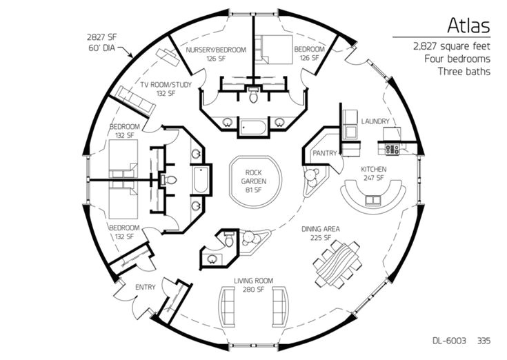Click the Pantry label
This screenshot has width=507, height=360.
coord(323,152)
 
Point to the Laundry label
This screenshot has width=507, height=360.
coord(376,121)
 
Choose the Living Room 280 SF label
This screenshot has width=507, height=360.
coord(253,285)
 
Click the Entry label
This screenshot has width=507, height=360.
coord(146,286)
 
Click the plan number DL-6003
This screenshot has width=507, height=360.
coord(450,341)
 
